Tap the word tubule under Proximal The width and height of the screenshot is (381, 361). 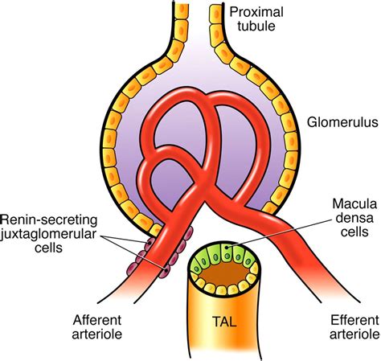click(254, 28)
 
